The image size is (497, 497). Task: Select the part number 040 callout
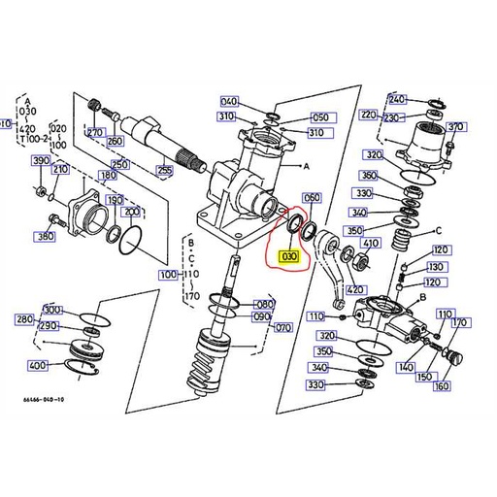[229, 101]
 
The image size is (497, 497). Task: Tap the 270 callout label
[94, 133]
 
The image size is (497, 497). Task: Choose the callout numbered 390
[40, 161]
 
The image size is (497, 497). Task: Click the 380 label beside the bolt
[44, 237]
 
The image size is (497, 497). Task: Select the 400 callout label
[37, 366]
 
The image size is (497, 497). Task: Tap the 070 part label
[283, 328]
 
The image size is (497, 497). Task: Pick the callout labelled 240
[397, 100]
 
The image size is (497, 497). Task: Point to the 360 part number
[368, 176]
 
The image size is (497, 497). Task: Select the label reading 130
[436, 267]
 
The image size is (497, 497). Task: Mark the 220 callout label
[369, 115]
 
